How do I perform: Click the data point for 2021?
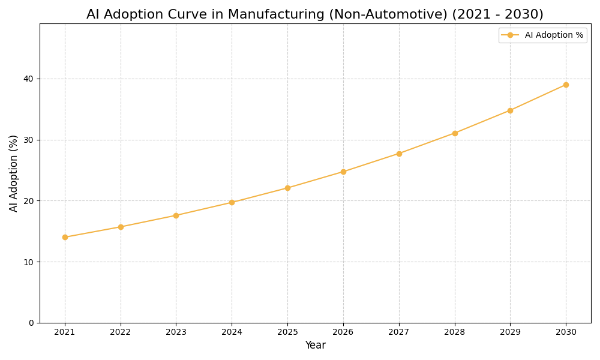click(x=65, y=237)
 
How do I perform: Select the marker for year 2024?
click(x=232, y=202)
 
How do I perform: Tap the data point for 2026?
click(x=343, y=172)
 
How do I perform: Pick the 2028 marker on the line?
click(x=455, y=133)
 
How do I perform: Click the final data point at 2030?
click(x=566, y=85)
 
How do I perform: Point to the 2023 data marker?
click(x=176, y=215)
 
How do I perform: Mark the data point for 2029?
click(x=510, y=110)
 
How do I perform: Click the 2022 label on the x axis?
click(x=121, y=332)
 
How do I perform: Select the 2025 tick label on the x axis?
click(x=287, y=332)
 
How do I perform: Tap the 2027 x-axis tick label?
click(x=399, y=332)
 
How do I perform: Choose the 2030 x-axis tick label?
click(x=566, y=332)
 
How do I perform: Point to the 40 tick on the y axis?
click(x=28, y=79)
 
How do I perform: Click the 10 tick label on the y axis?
click(x=28, y=262)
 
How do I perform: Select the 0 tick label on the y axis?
click(x=31, y=323)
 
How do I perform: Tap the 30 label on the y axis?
click(x=28, y=140)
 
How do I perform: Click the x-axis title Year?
click(x=315, y=346)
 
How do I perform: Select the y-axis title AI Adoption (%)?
click(x=14, y=173)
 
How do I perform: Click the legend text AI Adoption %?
click(x=554, y=35)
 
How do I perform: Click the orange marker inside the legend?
click(x=510, y=35)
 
